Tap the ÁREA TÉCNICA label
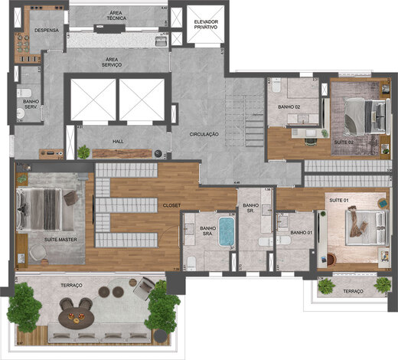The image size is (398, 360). pos(117,18)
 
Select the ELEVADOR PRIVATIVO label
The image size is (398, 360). pos(206,23)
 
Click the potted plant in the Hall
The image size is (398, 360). pos(83,151)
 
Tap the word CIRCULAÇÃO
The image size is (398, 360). pos(204,134)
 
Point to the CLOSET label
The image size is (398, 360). pos(171,205)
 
